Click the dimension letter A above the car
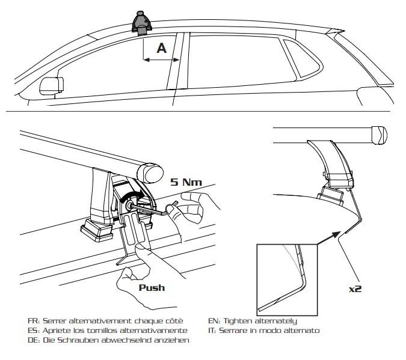click(161, 48)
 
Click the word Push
click(152, 287)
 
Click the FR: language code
click(33, 321)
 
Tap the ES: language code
click(33, 331)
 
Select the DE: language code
click(33, 340)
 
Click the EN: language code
click(214, 321)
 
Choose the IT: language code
click(212, 331)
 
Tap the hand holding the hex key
click(188, 210)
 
